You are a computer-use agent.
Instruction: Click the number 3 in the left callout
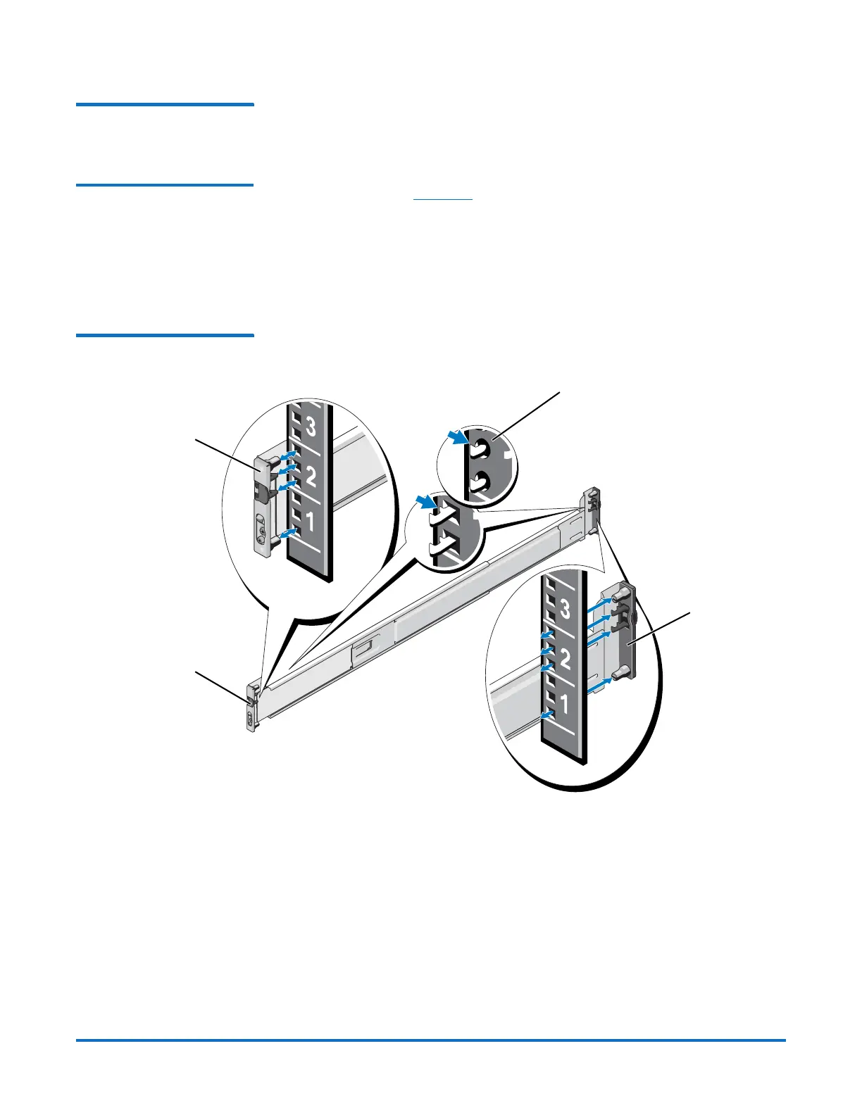pyautogui.click(x=311, y=427)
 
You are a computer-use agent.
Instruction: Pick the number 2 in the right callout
pyautogui.click(x=564, y=660)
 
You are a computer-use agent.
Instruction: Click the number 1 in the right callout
pyautogui.click(x=563, y=703)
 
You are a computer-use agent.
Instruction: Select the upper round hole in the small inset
pyautogui.click(x=480, y=448)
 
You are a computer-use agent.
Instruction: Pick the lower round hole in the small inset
pyautogui.click(x=480, y=483)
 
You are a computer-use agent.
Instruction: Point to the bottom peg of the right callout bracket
pyautogui.click(x=618, y=674)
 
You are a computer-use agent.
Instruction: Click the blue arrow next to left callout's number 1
pyautogui.click(x=287, y=535)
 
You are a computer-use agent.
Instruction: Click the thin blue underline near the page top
pyautogui.click(x=442, y=200)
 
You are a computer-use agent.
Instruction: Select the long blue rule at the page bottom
pyautogui.click(x=430, y=1040)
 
